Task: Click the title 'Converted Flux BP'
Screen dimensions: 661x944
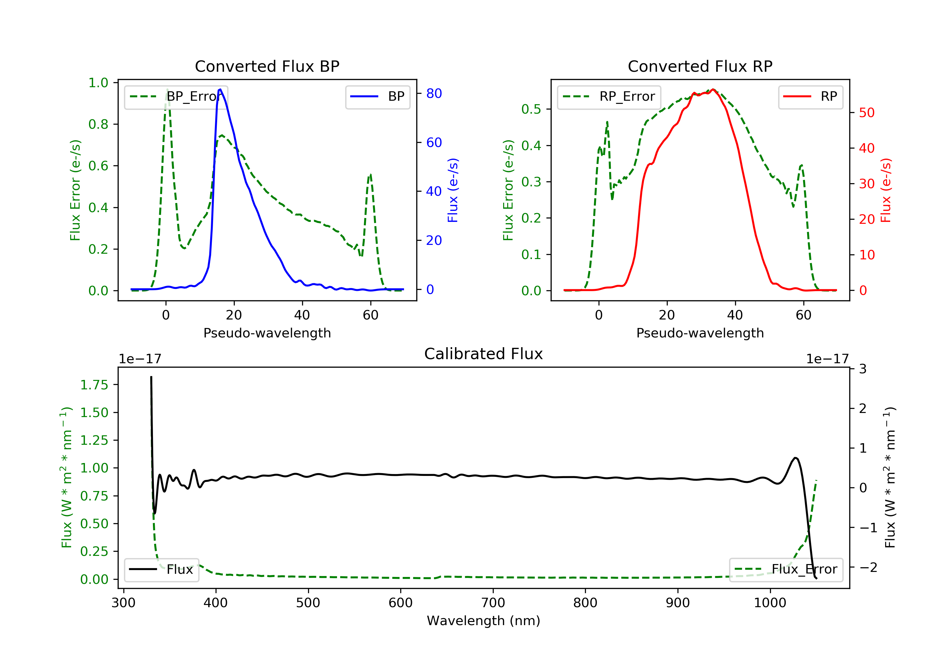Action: tap(267, 66)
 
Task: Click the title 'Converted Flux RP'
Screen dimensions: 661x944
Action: tap(700, 66)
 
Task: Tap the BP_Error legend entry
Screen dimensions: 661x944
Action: tap(176, 97)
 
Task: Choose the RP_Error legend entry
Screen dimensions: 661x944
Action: tap(609, 97)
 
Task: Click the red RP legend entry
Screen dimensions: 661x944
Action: tap(810, 97)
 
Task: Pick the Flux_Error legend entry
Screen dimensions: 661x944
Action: tap(786, 569)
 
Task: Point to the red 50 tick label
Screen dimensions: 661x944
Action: tap(867, 113)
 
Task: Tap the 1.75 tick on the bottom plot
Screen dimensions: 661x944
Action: tap(94, 385)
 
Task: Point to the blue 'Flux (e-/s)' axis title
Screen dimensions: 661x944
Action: tap(453, 190)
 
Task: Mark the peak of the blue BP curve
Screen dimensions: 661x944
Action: tap(220, 89)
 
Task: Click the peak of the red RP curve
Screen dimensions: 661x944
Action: tap(713, 89)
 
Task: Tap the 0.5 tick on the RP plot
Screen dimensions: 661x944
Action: tap(531, 110)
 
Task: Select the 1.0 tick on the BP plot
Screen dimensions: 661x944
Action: tap(98, 83)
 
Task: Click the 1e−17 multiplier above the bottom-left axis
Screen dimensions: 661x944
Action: tap(140, 359)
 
